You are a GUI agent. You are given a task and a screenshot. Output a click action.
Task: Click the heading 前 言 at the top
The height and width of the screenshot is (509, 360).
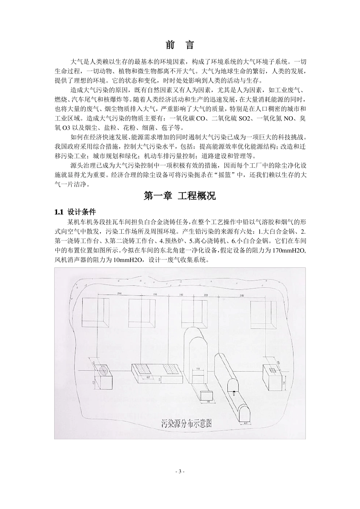(180, 45)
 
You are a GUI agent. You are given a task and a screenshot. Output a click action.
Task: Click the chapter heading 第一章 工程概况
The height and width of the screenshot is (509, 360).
(180, 196)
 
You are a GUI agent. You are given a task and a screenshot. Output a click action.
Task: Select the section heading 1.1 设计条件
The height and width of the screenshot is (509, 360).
(75, 212)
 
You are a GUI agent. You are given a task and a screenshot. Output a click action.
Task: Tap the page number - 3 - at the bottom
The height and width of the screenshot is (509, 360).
(180, 472)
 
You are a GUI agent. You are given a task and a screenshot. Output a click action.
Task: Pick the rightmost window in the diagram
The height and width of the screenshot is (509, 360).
(262, 315)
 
